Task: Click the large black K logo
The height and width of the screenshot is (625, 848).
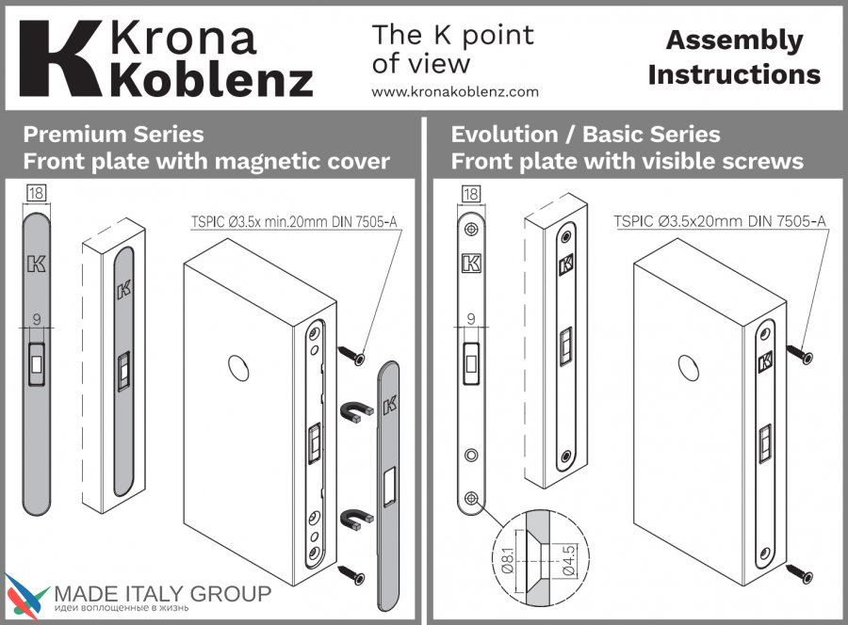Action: coord(60,59)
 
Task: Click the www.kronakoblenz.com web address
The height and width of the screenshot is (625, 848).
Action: coord(455,92)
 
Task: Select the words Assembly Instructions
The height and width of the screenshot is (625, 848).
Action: coord(734,57)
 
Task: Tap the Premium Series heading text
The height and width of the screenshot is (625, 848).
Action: coord(113,135)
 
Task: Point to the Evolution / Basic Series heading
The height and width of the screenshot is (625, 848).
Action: coord(585,135)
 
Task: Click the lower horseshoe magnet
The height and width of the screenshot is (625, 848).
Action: coord(356,520)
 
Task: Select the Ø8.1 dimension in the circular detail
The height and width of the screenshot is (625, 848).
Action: coord(508,561)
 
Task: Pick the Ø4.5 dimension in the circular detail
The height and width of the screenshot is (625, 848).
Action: coord(569,561)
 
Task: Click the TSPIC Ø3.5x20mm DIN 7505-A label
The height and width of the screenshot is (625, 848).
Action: coord(720,221)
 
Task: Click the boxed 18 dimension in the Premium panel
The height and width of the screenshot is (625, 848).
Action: coord(36,193)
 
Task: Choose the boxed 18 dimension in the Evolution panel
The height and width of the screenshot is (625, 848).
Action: coord(471,194)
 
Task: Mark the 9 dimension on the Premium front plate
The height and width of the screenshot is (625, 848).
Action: coord(37,319)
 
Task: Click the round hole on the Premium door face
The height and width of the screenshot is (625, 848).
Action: coord(238,368)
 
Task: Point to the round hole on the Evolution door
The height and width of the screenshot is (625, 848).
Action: coord(689,368)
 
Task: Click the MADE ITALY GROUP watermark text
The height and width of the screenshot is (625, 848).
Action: coord(163,594)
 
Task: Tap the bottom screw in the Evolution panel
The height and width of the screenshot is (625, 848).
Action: coord(799,573)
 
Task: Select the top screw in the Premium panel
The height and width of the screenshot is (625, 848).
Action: coord(351,354)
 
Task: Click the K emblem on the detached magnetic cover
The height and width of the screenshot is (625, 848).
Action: coord(390,405)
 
